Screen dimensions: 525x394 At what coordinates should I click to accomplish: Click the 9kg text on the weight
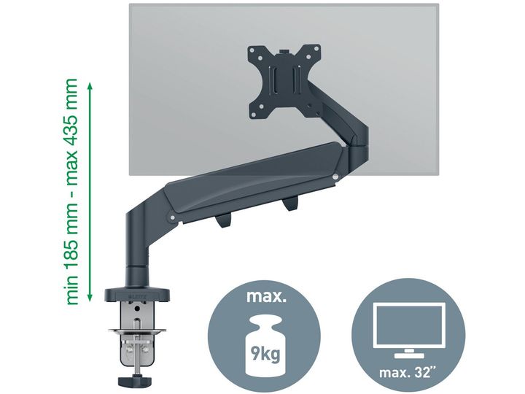[265, 353]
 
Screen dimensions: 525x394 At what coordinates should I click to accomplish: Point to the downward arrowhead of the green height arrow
[90, 296]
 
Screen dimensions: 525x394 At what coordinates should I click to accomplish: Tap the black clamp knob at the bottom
[134, 381]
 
